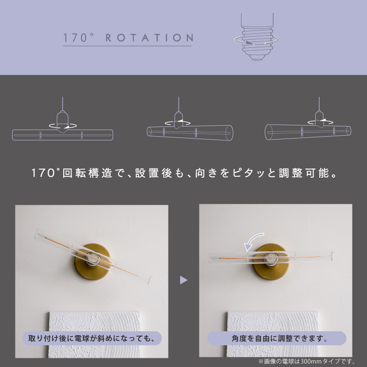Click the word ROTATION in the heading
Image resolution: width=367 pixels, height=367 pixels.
(150, 38)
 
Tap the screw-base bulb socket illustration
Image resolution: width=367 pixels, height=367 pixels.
(256, 37)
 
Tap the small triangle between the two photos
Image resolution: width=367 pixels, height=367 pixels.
(183, 280)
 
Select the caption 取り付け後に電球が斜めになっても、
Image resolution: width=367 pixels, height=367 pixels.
(92, 338)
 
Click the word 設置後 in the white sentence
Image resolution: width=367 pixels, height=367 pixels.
(154, 173)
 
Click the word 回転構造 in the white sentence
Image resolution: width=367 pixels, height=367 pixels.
(87, 173)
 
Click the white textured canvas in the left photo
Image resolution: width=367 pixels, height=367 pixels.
(94, 335)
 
